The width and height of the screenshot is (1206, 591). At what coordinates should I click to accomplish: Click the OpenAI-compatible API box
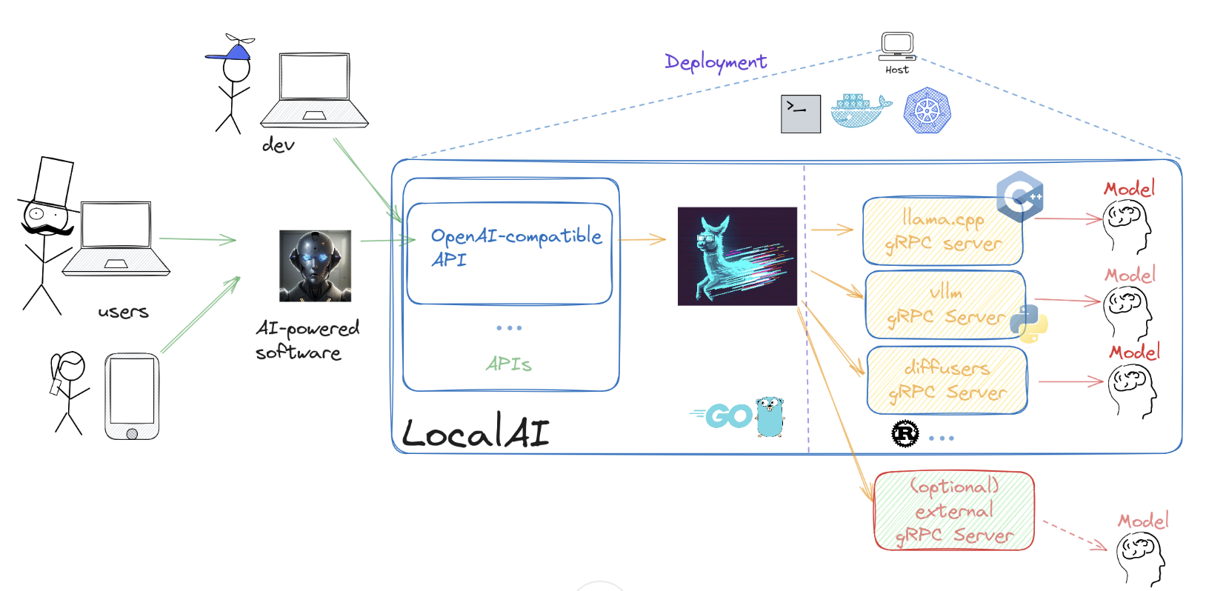(510, 253)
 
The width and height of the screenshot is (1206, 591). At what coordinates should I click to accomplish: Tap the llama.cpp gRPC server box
(942, 231)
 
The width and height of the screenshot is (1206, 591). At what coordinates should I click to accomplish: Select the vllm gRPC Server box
(945, 305)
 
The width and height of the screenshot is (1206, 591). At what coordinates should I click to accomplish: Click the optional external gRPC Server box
(954, 511)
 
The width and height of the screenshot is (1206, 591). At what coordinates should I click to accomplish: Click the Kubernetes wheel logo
(927, 111)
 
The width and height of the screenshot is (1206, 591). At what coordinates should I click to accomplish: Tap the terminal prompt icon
(800, 114)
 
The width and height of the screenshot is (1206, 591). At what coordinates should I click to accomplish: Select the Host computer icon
(897, 46)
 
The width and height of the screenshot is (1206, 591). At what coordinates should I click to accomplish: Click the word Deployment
(716, 62)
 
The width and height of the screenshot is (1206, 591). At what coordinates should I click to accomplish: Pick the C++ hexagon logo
(1021, 196)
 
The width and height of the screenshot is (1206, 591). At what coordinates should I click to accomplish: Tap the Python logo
(1030, 323)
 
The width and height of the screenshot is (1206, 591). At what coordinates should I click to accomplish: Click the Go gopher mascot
(770, 416)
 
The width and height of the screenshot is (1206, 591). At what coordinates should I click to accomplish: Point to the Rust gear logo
(904, 434)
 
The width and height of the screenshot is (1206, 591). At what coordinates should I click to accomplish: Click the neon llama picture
(737, 256)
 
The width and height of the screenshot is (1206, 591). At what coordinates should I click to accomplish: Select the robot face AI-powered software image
(315, 266)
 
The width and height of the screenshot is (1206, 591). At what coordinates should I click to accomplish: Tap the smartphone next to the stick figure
(132, 396)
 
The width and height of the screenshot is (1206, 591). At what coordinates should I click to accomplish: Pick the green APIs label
(509, 364)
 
